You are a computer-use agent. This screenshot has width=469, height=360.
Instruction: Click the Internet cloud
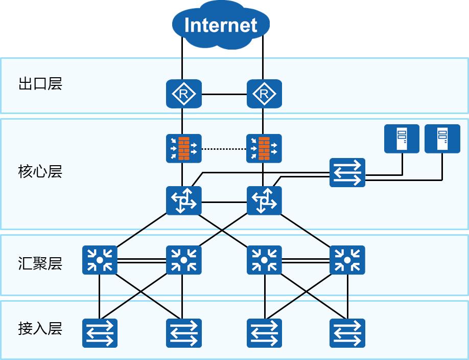[x=221, y=25]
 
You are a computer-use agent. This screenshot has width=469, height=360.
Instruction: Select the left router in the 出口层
[x=183, y=94]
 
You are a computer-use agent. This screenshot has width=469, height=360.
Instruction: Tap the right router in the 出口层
[x=264, y=94]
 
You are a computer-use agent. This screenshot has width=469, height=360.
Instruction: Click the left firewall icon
[x=183, y=148]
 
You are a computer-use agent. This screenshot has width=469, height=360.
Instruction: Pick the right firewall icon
[x=264, y=148]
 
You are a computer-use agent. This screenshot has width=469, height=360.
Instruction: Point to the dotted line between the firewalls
[x=224, y=149]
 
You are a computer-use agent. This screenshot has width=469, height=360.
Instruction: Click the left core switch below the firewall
[x=183, y=200]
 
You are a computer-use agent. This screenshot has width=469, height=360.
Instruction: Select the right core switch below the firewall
[x=264, y=200]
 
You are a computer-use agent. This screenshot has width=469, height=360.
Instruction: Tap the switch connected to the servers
[x=347, y=172]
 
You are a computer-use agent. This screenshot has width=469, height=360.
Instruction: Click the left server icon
[x=402, y=139]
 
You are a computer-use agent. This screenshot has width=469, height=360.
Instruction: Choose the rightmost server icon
[x=442, y=139]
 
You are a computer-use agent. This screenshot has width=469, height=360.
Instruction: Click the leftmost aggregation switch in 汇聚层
[x=100, y=260]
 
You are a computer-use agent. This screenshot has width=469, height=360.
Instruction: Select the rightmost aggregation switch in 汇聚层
[x=347, y=260]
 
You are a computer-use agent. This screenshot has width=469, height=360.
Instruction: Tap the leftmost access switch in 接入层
[x=100, y=333]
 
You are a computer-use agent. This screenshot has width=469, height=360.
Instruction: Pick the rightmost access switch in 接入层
[x=347, y=333]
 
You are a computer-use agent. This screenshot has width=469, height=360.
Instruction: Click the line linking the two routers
[x=224, y=94]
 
